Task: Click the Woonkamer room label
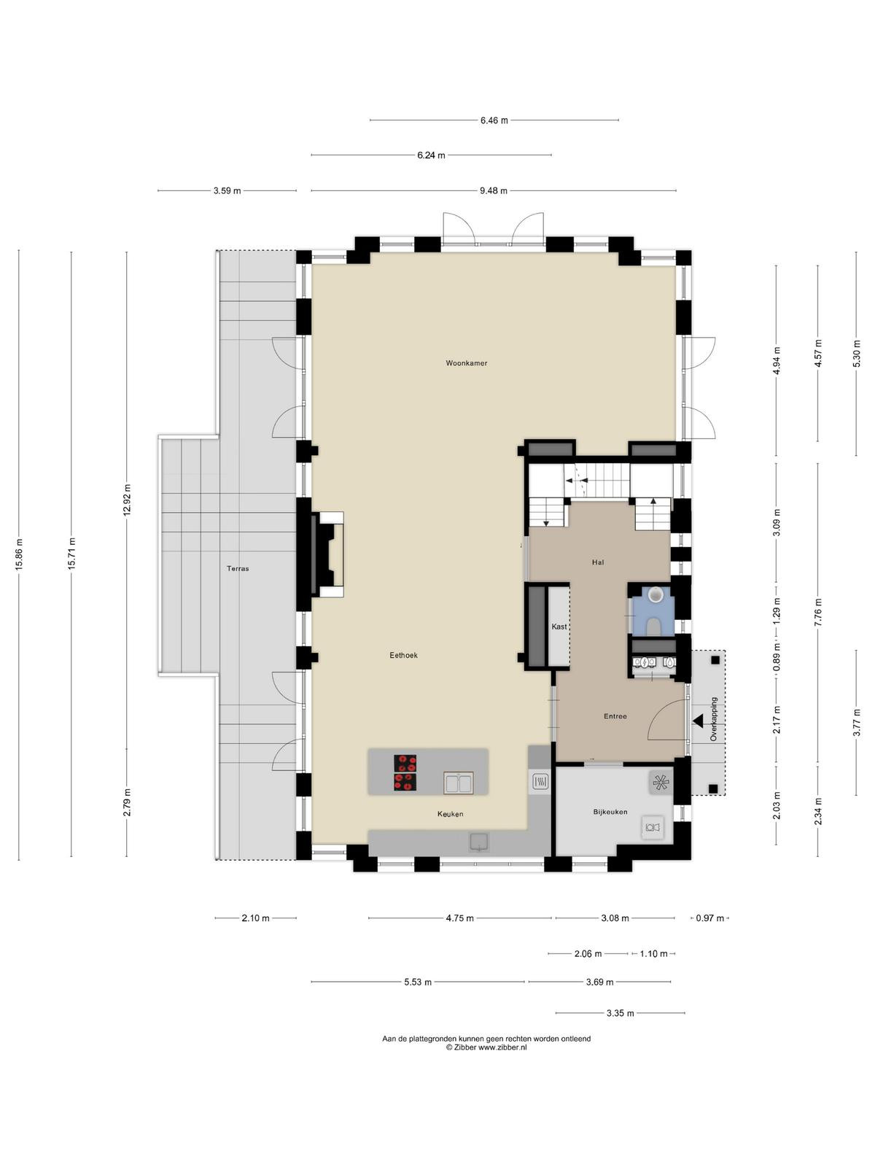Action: point(466,363)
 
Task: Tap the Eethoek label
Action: point(403,656)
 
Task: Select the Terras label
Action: point(238,568)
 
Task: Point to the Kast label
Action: point(559,627)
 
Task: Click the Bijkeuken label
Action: point(610,812)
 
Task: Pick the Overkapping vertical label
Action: point(714,719)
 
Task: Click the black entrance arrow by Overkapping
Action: point(698,721)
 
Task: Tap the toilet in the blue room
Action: point(655,624)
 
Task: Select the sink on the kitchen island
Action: point(458,783)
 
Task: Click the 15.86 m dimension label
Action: point(20,554)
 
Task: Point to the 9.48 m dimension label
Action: point(493,190)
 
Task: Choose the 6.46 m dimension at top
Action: point(494,120)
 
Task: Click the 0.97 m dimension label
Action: point(709,918)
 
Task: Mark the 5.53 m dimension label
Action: point(418,982)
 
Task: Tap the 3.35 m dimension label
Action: point(620,1013)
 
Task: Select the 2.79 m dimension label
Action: point(126,803)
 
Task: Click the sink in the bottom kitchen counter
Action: point(479,842)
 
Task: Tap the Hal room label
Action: point(598,562)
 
